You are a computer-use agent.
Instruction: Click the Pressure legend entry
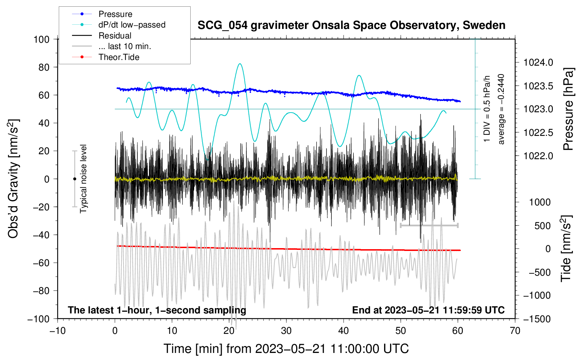[102, 14]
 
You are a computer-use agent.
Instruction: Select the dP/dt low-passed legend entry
[119, 25]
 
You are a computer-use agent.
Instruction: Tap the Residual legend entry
[102, 36]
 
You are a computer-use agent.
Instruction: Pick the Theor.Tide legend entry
[106, 57]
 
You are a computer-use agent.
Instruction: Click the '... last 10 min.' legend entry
[112, 46]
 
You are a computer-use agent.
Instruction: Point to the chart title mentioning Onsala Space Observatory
[351, 25]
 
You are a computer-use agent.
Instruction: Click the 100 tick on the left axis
[42, 40]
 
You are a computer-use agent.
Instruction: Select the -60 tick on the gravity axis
[41, 263]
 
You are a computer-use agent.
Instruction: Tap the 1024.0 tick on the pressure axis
[538, 62]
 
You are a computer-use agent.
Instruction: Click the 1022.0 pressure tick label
[538, 156]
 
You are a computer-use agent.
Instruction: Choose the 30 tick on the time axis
[286, 331]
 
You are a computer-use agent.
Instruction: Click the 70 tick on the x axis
[515, 331]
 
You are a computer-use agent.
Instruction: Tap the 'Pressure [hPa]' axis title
[568, 109]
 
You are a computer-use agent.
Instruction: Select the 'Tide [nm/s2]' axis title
[566, 248]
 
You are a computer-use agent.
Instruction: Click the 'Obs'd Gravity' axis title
[13, 179]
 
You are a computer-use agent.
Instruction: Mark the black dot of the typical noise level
[74, 179]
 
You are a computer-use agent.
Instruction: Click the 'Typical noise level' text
[83, 179]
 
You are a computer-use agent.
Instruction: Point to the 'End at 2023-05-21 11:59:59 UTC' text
[428, 310]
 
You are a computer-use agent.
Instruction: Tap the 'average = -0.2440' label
[501, 109]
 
